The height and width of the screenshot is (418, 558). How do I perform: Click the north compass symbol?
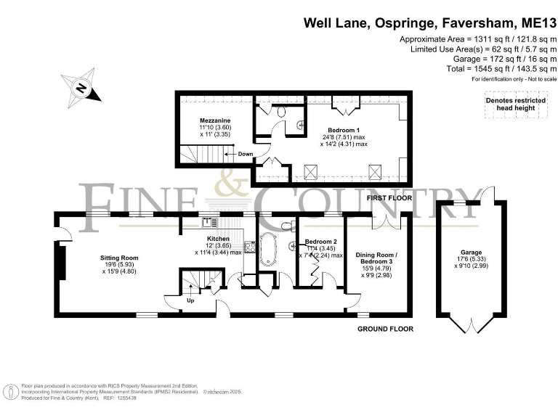point(83,89)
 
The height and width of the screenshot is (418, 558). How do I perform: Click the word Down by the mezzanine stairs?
point(246,154)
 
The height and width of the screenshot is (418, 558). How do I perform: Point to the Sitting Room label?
point(119,258)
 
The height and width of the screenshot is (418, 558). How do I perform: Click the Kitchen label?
point(218,239)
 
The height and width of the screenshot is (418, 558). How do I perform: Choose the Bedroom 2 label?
point(320,241)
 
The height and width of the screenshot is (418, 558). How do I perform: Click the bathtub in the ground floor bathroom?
point(267,248)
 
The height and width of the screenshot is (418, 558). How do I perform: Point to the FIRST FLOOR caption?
point(390,197)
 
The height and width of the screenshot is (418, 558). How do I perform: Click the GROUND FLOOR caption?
point(385,329)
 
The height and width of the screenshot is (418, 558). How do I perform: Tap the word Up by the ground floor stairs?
point(191,300)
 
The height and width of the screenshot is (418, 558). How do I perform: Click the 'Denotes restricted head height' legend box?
point(513,104)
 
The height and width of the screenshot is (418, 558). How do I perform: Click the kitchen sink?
point(208,222)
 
